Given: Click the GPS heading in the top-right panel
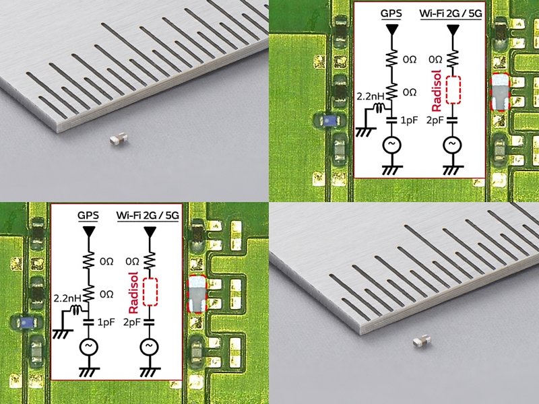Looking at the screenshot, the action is tap(391, 13).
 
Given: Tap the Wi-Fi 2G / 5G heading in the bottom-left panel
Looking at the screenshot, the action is tap(148, 215).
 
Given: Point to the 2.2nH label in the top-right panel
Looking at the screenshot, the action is tap(370, 96).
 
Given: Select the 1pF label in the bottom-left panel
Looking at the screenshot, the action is tap(106, 323).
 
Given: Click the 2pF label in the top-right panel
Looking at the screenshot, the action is tap(435, 121).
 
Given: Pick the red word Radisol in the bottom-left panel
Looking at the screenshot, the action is tap(133, 293).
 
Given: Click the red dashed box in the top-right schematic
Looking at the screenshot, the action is tap(453, 90).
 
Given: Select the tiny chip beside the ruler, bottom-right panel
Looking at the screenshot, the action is tap(422, 341).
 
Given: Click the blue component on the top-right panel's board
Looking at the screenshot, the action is tap(327, 121).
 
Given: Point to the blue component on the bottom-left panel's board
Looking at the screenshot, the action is tap(26, 323).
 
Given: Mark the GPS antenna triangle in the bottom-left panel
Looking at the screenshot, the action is tap(89, 232).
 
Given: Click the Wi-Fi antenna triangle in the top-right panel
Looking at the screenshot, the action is tap(453, 30).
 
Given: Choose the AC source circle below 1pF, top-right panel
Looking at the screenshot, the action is tap(392, 145).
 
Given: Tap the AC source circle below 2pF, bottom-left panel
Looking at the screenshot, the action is tap(149, 347).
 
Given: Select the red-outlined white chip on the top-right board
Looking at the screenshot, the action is tap(500, 92).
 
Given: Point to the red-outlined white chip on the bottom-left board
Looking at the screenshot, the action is tap(197, 294).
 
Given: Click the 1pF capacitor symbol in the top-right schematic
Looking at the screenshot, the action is tap(392, 121).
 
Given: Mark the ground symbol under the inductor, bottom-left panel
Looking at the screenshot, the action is tap(63, 333).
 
